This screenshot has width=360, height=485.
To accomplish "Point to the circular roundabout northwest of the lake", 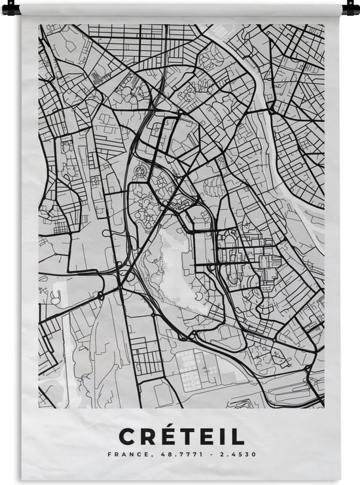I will pos(139,171).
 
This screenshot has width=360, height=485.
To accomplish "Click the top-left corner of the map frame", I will pos(39,25).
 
